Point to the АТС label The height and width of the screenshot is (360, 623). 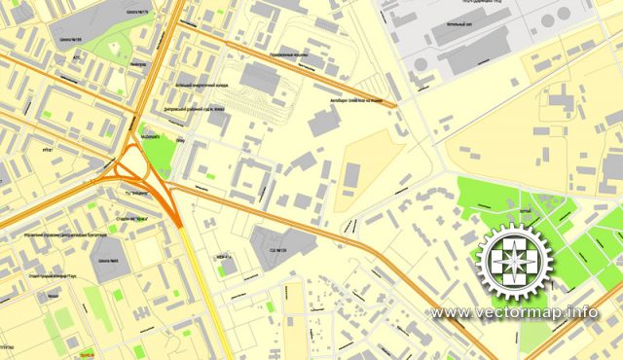[77, 56]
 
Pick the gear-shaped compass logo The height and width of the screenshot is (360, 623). [512, 262]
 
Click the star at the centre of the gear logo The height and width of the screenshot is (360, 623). [512, 262]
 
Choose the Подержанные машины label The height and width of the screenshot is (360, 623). [289, 56]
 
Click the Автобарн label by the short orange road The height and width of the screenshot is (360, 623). [356, 99]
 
